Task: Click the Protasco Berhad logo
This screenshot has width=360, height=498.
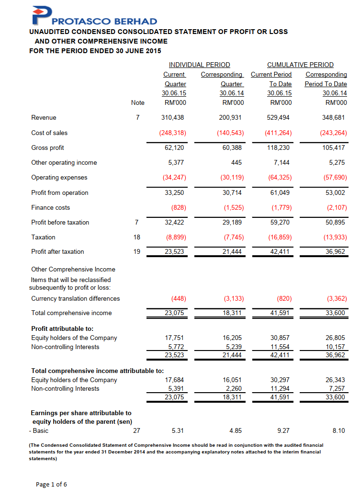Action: [94, 16]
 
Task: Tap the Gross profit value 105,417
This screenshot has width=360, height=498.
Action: [334, 147]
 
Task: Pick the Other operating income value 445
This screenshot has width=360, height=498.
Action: [238, 162]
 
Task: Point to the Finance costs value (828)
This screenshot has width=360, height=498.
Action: [179, 207]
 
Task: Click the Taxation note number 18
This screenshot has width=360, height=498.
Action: [136, 237]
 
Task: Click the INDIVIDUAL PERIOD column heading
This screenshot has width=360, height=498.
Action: [199, 65]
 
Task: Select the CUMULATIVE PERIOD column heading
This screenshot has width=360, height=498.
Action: [300, 65]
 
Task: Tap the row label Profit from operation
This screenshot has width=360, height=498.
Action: [60, 192]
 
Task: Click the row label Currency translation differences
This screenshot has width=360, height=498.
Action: [76, 298]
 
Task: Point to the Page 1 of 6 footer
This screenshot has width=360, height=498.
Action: [52, 484]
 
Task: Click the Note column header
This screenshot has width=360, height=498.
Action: [137, 102]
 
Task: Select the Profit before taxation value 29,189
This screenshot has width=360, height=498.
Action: [234, 222]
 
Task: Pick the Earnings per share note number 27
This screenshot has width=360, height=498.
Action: [136, 430]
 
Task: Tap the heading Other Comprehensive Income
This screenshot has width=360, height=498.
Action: [73, 269]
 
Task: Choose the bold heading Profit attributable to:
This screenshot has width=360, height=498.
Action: [62, 328]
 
